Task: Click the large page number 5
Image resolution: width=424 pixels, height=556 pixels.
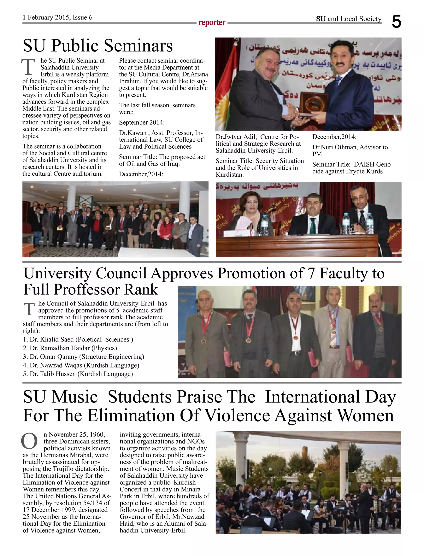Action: point(396,22)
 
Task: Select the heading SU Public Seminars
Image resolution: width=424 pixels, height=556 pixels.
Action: point(98,46)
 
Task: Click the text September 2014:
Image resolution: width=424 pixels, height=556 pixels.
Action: point(142,122)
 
